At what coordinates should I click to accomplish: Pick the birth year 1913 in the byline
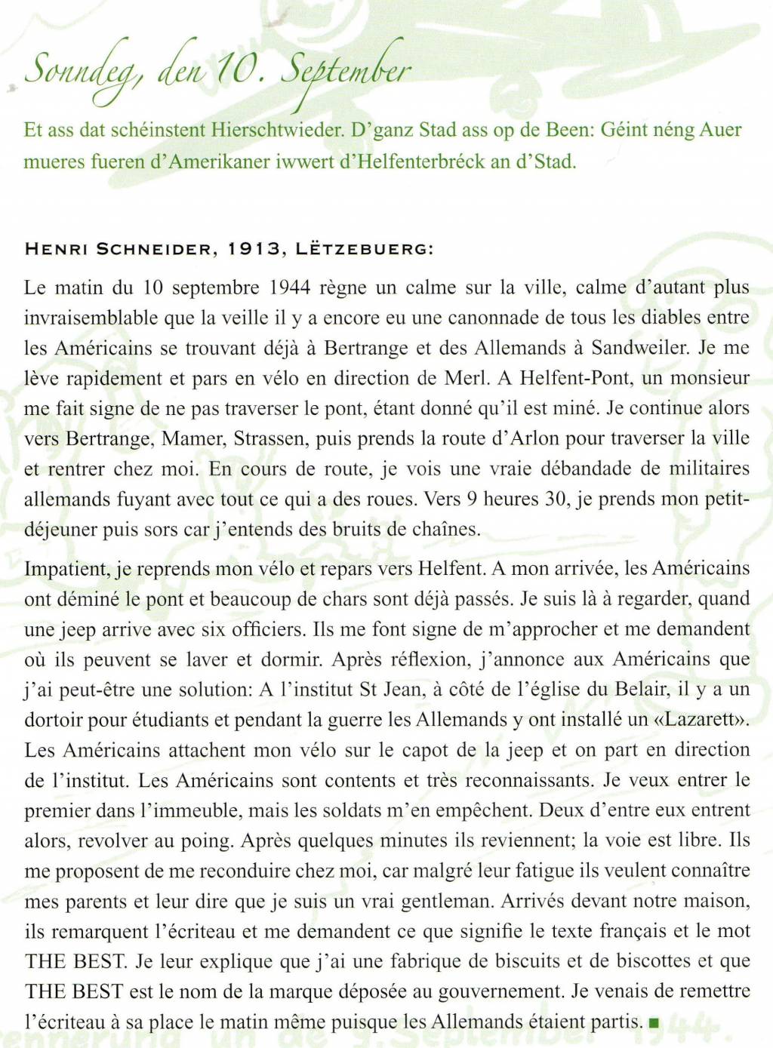tap(254, 249)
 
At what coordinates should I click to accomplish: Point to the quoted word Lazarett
tap(704, 720)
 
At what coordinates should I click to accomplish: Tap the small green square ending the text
tap(654, 1023)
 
